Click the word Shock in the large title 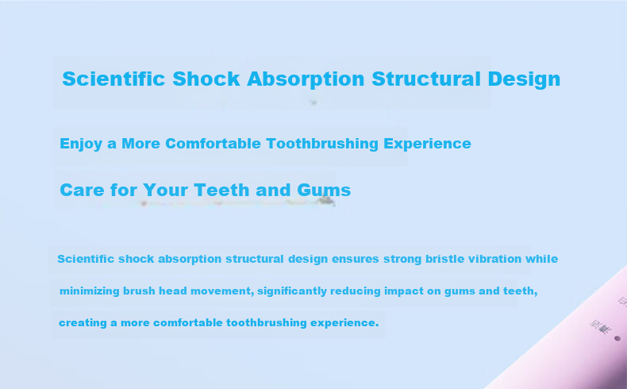click(x=206, y=79)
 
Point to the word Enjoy click(x=81, y=144)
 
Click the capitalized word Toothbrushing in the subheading click(x=322, y=144)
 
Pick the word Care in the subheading click(x=83, y=190)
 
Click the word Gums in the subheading click(x=324, y=191)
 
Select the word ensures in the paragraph click(x=355, y=259)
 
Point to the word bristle click(x=444, y=259)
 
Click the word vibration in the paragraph click(x=494, y=259)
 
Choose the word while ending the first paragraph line click(x=541, y=259)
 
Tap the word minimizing click(x=89, y=291)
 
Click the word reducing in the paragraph click(x=355, y=291)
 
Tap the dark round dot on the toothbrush click(x=617, y=339)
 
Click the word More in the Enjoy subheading click(x=140, y=144)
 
